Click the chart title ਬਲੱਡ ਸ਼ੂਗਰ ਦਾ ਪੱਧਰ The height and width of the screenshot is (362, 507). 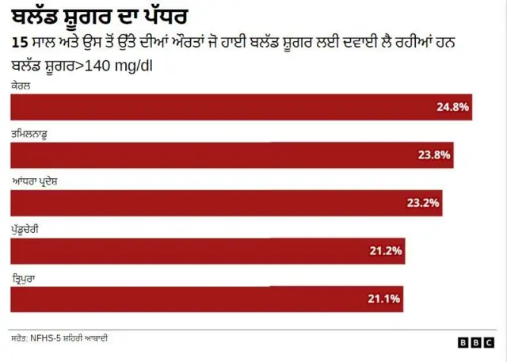click(x=100, y=17)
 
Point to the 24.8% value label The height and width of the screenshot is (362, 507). click(x=452, y=107)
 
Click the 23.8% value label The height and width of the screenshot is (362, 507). click(x=434, y=155)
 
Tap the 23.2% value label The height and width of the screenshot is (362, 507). click(x=423, y=203)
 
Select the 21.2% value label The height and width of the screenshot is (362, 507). click(x=386, y=251)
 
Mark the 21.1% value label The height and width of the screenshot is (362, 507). click(x=384, y=299)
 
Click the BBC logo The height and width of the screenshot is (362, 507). click(x=475, y=342)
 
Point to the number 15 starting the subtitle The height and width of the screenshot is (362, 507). click(x=19, y=43)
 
